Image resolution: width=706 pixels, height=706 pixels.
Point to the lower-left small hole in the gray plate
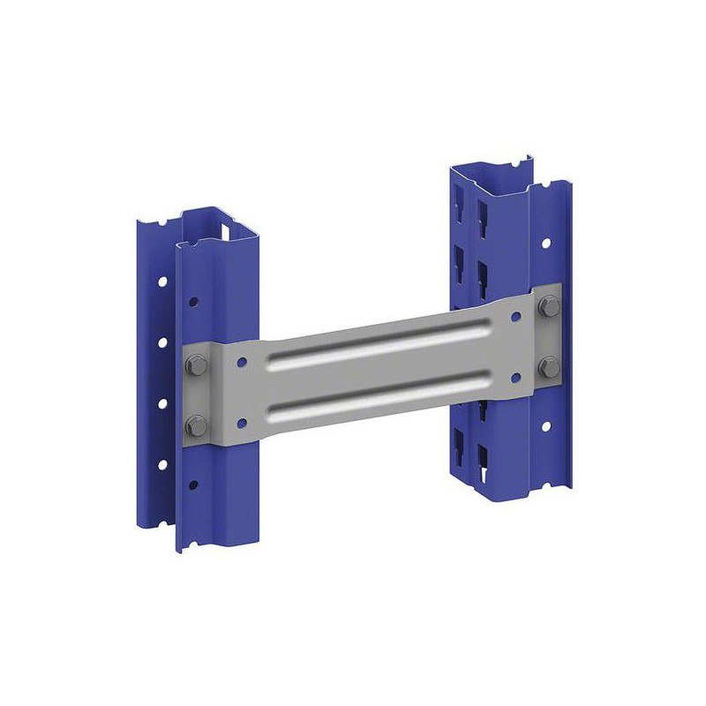238,422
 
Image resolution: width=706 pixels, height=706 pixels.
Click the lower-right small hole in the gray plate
514,376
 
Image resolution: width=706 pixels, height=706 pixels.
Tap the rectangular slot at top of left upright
231,231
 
